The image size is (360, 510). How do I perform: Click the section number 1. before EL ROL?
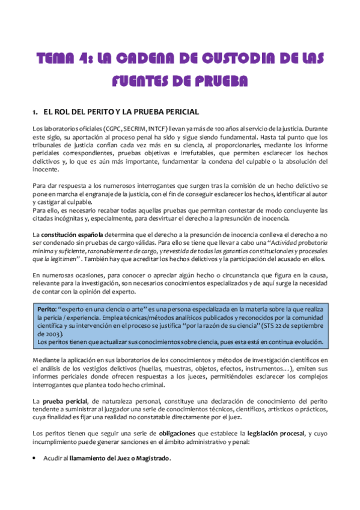pyautogui.click(x=35, y=112)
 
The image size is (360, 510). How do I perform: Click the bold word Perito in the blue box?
pyautogui.click(x=47, y=309)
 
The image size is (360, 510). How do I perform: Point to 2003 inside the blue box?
pyautogui.click(x=48, y=333)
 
